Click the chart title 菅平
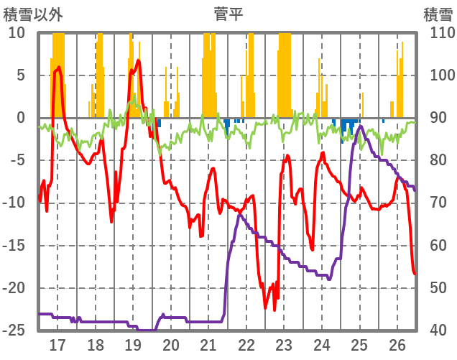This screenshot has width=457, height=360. [228, 14]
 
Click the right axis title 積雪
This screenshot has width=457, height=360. [438, 14]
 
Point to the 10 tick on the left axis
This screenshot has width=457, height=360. [17, 33]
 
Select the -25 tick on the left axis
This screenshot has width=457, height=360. [14, 331]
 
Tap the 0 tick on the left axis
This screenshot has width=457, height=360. [21, 118]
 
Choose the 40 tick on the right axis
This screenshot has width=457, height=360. [439, 331]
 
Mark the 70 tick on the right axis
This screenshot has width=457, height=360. [439, 203]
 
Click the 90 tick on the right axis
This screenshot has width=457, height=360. [439, 118]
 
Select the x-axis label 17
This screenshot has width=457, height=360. [57, 345]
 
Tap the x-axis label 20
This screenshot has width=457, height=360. [171, 345]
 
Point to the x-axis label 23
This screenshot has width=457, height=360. [284, 345]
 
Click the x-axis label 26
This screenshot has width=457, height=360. [397, 345]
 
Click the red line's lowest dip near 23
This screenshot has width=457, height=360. [274, 310]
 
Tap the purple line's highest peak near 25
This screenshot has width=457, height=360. [361, 126]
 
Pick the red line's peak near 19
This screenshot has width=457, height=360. [139, 60]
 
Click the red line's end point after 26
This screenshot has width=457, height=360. [415, 273]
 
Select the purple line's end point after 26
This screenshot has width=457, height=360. [415, 190]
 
